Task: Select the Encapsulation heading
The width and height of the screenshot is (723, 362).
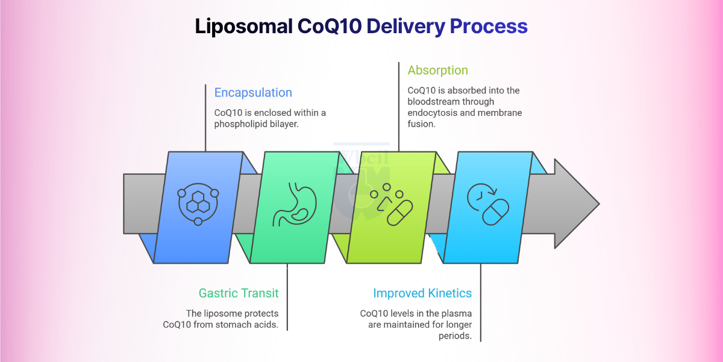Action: [x=253, y=93]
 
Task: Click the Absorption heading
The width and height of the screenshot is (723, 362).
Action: [x=437, y=70]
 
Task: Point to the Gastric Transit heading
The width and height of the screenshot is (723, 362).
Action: [x=239, y=293]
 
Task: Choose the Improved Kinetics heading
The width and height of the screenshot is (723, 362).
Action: [x=422, y=293]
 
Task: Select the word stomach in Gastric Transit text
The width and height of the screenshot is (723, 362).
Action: [x=225, y=325]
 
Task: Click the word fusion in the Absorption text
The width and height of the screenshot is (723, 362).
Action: [x=422, y=124]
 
